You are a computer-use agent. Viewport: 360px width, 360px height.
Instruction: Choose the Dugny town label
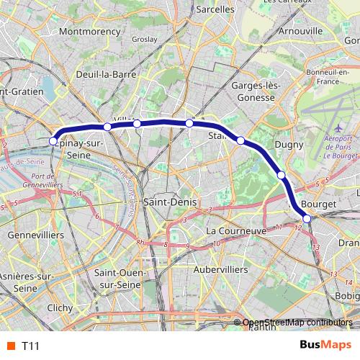tap(279, 145)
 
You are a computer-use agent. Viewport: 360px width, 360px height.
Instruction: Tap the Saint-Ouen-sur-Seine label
tap(120, 279)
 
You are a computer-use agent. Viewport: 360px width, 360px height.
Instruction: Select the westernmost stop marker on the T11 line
tap(52, 141)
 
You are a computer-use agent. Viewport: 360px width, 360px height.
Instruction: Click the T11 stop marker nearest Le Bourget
tap(307, 218)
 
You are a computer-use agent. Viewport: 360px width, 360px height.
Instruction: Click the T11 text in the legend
tap(30, 346)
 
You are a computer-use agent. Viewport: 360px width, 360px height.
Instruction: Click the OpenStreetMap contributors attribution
tap(297, 323)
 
